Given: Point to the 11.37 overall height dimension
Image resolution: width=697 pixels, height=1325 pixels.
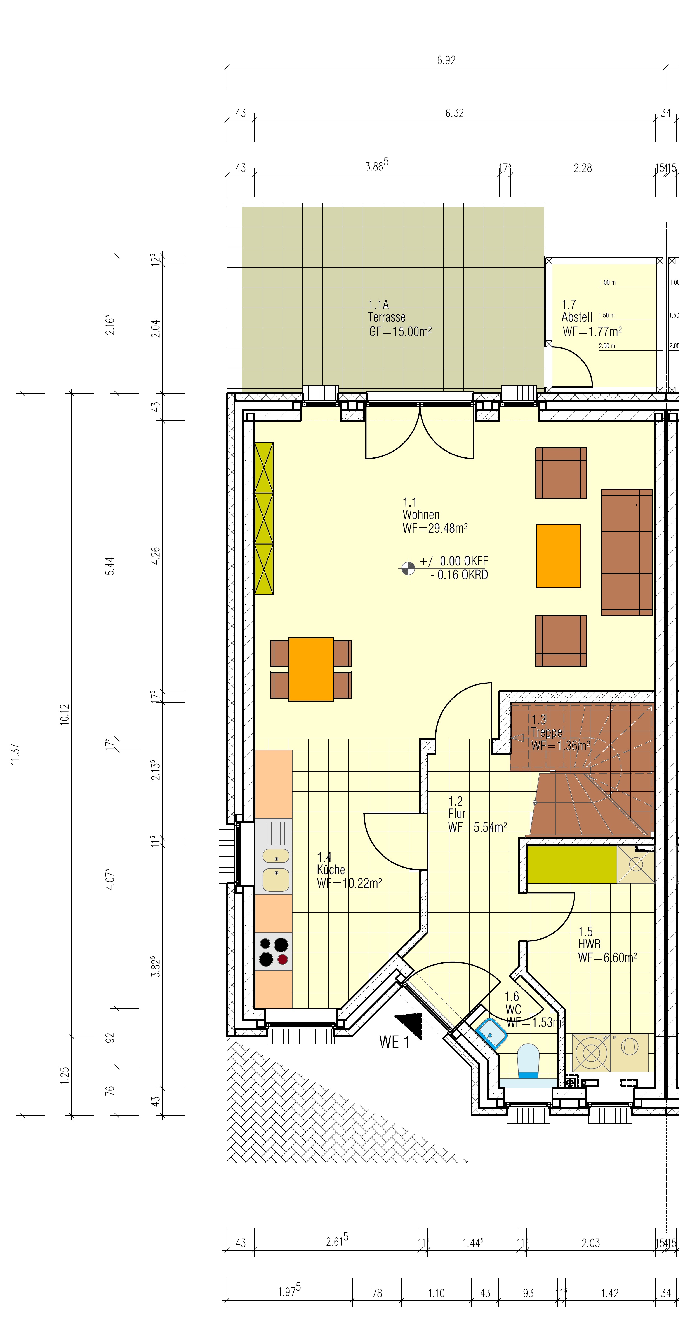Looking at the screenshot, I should (x=15, y=754).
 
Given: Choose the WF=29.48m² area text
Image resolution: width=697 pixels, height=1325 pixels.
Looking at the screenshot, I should (x=435, y=528).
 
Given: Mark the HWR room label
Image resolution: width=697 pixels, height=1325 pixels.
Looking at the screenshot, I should (x=589, y=944).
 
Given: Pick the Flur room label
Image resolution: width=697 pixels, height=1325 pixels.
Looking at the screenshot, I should (x=456, y=814).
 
